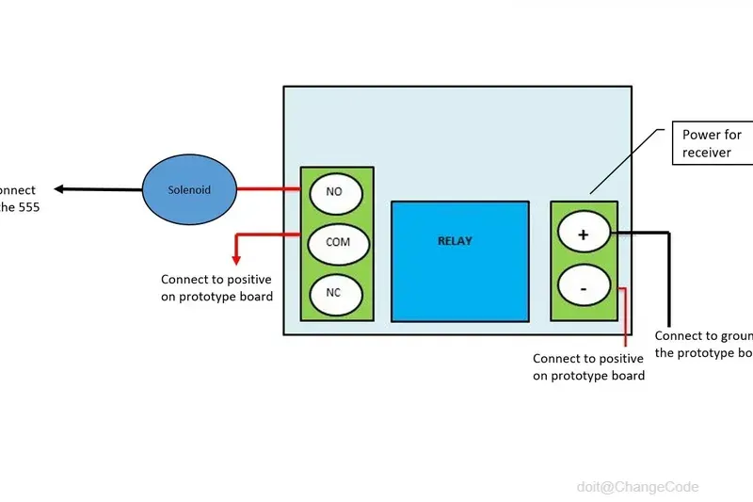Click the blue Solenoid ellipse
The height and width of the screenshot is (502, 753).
point(189,189)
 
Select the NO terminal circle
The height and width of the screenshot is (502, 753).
point(333,191)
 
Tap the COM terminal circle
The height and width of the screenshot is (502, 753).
point(337,242)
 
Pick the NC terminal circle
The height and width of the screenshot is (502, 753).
point(333,292)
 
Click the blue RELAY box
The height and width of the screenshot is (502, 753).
point(459,260)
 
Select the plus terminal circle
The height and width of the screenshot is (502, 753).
point(583,235)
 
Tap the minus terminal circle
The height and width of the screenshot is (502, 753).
point(583,286)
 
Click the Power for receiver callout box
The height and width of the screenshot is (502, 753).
point(713,143)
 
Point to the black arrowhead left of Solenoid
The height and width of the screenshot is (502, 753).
point(59,189)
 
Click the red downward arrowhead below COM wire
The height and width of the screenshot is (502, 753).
point(236,258)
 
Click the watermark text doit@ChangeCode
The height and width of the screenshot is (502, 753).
point(637,486)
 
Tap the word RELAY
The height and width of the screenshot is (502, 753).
point(456,241)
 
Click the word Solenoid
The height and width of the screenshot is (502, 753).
point(189,190)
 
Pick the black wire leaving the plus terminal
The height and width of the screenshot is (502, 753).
point(649,233)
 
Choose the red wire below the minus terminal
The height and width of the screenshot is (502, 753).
point(625,320)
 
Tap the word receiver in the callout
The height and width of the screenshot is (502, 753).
point(707,153)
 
